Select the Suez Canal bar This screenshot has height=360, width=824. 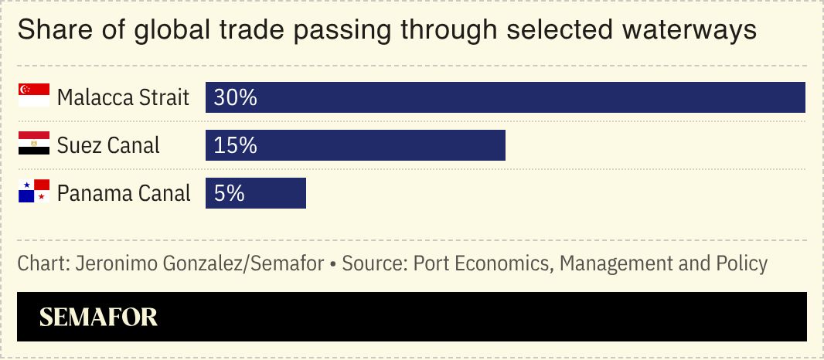click(x=356, y=145)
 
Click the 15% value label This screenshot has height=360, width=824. click(x=235, y=145)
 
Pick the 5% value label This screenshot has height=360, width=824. click(x=230, y=193)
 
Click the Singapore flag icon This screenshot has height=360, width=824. click(x=34, y=96)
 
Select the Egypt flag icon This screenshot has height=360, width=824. click(x=34, y=144)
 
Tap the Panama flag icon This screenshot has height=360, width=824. click(x=34, y=191)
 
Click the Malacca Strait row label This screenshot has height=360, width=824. click(x=123, y=98)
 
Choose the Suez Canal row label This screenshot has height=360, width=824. click(x=108, y=145)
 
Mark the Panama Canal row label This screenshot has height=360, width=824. click(x=124, y=193)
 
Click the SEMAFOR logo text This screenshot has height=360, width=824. click(x=98, y=317)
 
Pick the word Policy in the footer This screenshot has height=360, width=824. click(x=742, y=263)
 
